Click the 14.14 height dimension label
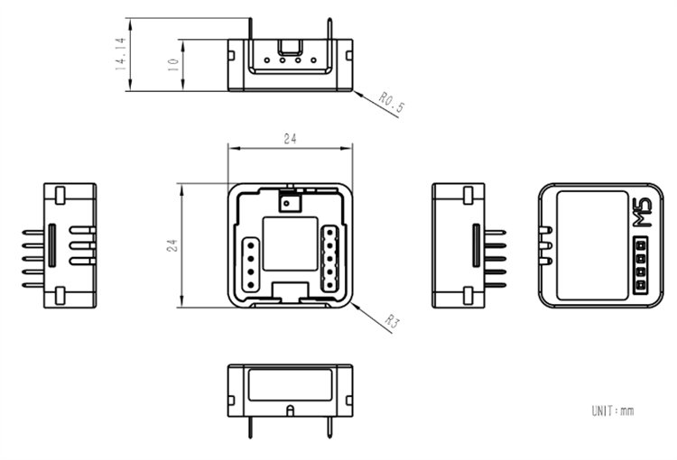[119, 53]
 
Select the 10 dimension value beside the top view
[172, 64]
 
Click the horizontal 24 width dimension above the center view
[290, 139]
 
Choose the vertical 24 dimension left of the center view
[172, 245]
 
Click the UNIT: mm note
[612, 411]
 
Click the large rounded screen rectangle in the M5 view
[592, 245]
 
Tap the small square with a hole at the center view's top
[290, 203]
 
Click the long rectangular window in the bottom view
[290, 387]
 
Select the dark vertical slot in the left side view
[52, 246]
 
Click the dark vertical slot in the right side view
[475, 246]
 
